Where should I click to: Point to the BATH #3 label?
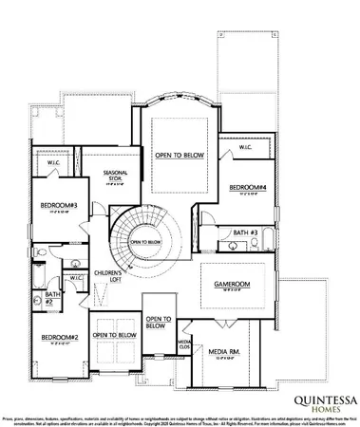coord(246,232)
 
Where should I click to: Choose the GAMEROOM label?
coord(231,283)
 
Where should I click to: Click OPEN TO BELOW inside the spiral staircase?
coord(145,242)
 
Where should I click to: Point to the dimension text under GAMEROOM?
coord(231,290)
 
